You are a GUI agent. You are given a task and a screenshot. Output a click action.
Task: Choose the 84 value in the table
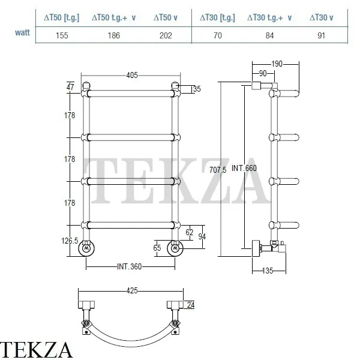click(269, 35)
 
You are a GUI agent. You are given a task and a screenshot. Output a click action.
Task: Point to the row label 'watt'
click(22, 32)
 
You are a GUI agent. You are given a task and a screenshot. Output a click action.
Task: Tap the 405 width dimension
click(133, 75)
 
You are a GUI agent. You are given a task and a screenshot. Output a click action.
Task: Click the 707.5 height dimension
click(217, 170)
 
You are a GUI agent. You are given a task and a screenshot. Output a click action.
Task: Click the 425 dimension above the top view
click(132, 290)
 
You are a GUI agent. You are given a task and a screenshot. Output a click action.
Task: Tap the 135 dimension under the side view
click(268, 271)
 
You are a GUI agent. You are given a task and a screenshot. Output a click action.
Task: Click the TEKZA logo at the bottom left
click(37, 349)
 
